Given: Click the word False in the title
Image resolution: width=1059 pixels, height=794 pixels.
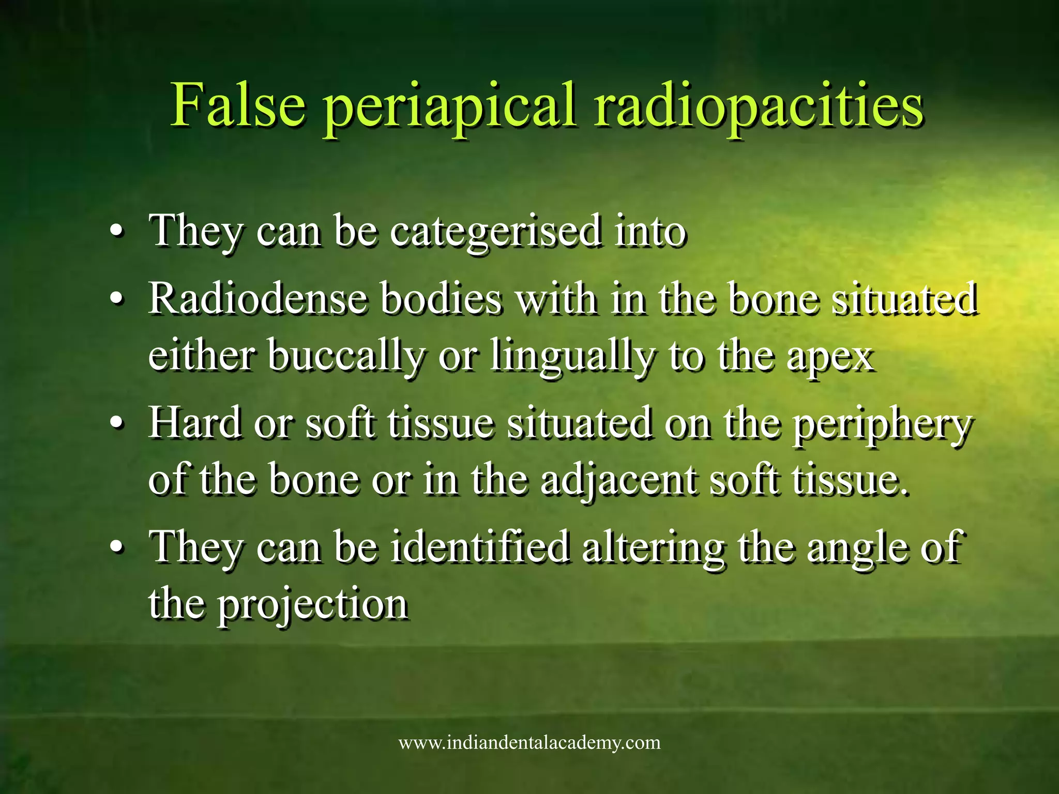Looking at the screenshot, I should pos(238,106).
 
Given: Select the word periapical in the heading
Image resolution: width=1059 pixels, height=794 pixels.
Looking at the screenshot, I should pos(449,109).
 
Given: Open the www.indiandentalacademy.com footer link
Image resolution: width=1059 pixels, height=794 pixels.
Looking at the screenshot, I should pos(529,743).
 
